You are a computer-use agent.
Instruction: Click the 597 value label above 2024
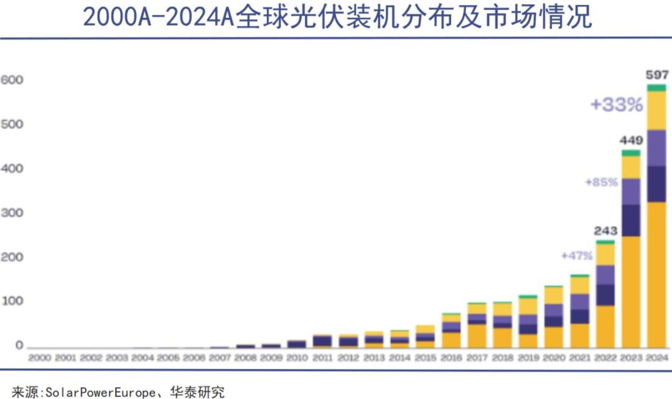(657, 75)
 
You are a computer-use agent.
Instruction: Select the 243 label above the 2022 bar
(605, 231)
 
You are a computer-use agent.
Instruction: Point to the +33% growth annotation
(617, 104)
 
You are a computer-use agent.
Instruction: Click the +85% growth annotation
(601, 183)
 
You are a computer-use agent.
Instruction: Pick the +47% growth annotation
(577, 256)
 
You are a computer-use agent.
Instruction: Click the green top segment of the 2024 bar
(657, 87)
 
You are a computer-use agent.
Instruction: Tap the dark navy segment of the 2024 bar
(657, 184)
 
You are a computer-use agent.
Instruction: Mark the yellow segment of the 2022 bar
(605, 254)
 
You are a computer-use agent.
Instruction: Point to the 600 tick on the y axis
(12, 80)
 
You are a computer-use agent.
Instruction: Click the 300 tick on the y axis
(12, 213)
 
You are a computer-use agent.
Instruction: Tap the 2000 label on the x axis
(39, 358)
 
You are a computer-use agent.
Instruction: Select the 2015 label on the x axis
(425, 358)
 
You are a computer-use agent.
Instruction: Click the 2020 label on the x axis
(554, 358)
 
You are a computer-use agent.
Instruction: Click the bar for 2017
(477, 325)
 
